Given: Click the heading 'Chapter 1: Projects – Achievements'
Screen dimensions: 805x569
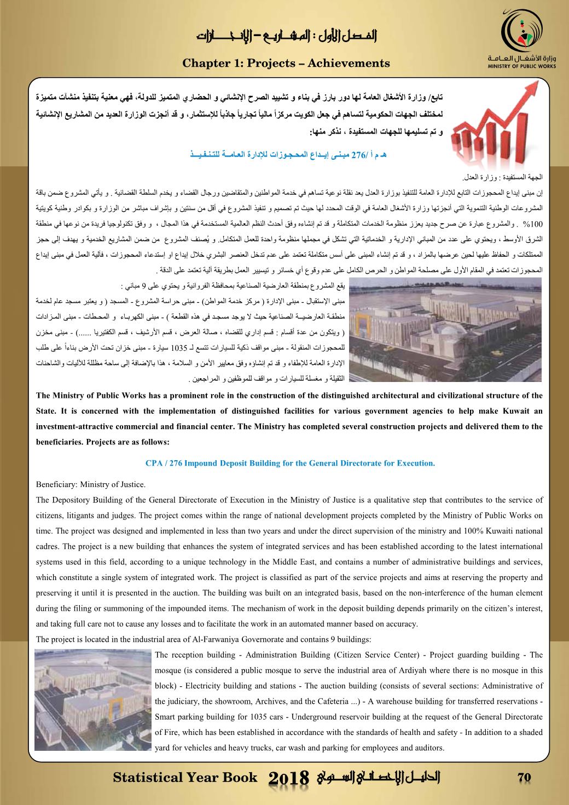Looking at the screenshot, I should pyautogui.click(x=286, y=63).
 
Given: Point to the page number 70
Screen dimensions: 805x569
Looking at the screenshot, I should pyautogui.click(x=525, y=778).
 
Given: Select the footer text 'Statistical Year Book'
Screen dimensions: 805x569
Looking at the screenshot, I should pyautogui.click(x=185, y=778).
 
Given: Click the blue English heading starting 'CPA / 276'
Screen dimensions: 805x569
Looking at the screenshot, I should pyautogui.click(x=290, y=463).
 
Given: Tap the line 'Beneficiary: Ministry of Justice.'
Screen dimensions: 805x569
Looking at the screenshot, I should pyautogui.click(x=91, y=484).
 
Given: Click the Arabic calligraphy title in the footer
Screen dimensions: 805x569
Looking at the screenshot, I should pyautogui.click(x=378, y=778).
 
